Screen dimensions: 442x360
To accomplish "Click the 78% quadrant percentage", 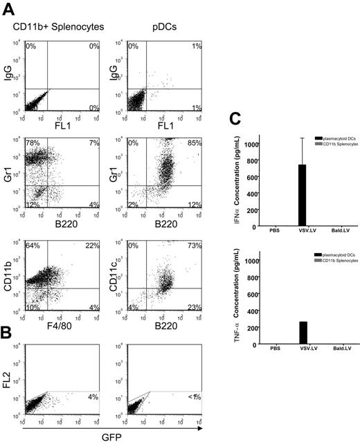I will [x=30, y=143].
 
